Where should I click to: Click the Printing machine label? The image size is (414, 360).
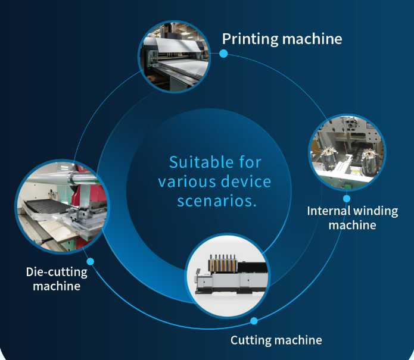click(282, 39)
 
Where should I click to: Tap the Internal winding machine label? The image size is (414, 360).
click(353, 218)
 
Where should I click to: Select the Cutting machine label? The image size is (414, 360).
click(276, 340)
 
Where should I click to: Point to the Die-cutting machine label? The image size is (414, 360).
click(57, 279)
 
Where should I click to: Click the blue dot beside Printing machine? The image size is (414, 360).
click(223, 54)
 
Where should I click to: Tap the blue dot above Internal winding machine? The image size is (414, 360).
click(347, 198)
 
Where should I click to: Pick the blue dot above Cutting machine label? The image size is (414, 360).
click(254, 321)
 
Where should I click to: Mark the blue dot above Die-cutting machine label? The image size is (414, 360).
click(91, 261)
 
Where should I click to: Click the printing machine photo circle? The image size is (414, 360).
click(174, 57)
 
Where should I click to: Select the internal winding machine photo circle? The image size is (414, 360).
click(347, 152)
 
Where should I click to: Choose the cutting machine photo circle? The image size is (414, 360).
click(228, 276)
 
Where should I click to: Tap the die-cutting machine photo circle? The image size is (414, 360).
click(62, 206)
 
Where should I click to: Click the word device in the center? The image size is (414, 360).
click(246, 181)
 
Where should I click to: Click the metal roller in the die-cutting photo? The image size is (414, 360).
click(61, 177)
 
